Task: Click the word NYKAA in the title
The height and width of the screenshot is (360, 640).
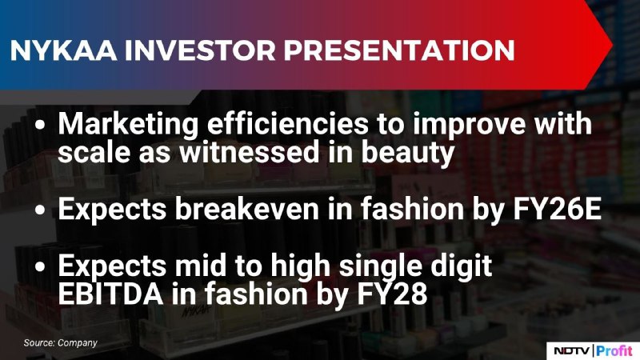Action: (63, 50)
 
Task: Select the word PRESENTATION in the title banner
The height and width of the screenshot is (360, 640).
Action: (399, 50)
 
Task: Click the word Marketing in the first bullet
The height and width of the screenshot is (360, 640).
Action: (128, 125)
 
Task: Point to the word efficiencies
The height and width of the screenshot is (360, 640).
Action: (288, 123)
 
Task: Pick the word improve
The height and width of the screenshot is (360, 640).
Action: (469, 125)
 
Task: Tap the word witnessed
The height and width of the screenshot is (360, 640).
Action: (250, 151)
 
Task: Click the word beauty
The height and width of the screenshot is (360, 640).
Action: (408, 153)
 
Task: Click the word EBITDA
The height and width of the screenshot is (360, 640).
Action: (110, 294)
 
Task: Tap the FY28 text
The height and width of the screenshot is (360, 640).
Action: (393, 294)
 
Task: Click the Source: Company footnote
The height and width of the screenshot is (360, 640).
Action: (61, 343)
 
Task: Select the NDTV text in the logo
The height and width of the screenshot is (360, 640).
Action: (571, 350)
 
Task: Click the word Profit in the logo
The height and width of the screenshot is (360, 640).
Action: (614, 350)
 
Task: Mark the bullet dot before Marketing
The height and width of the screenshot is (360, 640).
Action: (40, 126)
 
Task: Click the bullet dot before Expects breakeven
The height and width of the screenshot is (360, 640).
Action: (40, 210)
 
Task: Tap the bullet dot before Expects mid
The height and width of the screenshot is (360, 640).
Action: (40, 267)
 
